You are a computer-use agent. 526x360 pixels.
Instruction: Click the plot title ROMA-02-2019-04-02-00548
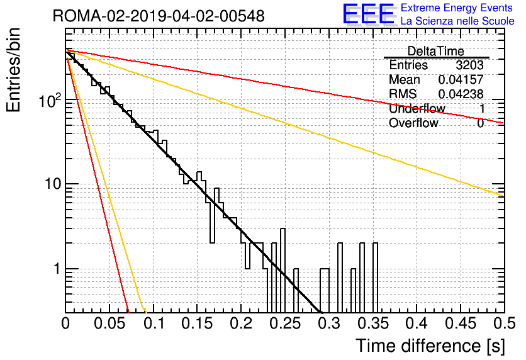pyautogui.click(x=159, y=16)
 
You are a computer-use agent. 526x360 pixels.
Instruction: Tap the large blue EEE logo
pyautogui.click(x=369, y=14)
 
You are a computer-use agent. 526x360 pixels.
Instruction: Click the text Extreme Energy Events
pyautogui.click(x=457, y=8)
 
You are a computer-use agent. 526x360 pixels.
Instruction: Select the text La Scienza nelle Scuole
pyautogui.click(x=457, y=21)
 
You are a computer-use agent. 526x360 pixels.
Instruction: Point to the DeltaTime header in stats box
pyautogui.click(x=436, y=51)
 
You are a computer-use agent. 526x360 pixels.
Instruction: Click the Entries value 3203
pyautogui.click(x=469, y=65)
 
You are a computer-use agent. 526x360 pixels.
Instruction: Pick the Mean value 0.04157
pyautogui.click(x=461, y=79)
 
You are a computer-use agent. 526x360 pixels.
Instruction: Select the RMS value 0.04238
pyautogui.click(x=461, y=94)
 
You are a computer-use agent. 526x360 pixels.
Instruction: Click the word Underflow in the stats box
pyautogui.click(x=417, y=108)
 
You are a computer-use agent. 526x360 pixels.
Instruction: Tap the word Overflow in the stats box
pyautogui.click(x=413, y=123)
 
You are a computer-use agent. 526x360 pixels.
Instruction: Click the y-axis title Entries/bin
pyautogui.click(x=13, y=70)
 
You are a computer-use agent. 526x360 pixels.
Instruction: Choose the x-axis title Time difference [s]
pyautogui.click(x=430, y=346)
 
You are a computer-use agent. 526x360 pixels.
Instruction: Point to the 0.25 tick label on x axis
pyautogui.click(x=285, y=323)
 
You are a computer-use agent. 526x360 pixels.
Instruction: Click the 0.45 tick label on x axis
pyautogui.click(x=461, y=323)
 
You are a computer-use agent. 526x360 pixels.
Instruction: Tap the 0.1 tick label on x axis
pyautogui.click(x=154, y=323)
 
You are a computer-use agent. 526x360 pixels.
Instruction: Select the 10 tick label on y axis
pyautogui.click(x=53, y=184)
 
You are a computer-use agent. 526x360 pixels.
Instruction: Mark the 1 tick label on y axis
pyautogui.click(x=57, y=269)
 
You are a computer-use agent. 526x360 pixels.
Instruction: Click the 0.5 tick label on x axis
pyautogui.click(x=505, y=323)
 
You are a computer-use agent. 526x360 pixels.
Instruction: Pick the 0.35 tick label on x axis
pyautogui.click(x=373, y=323)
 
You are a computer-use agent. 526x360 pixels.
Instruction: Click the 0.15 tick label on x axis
pyautogui.click(x=198, y=323)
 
